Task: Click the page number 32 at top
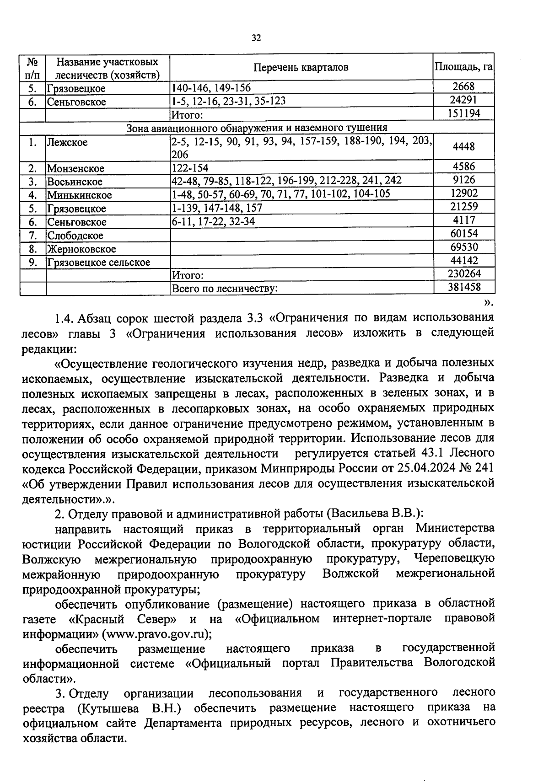(256, 38)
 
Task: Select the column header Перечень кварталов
(301, 68)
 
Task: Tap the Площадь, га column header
(463, 67)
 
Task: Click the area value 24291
(463, 100)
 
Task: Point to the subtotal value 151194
(463, 113)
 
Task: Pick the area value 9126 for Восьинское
(463, 180)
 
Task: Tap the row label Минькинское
(79, 195)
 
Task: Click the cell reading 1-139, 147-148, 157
(217, 208)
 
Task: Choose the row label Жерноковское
(81, 249)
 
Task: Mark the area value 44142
(463, 261)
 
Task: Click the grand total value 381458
(463, 287)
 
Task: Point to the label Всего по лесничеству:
(225, 289)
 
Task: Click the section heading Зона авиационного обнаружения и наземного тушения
(257, 128)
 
